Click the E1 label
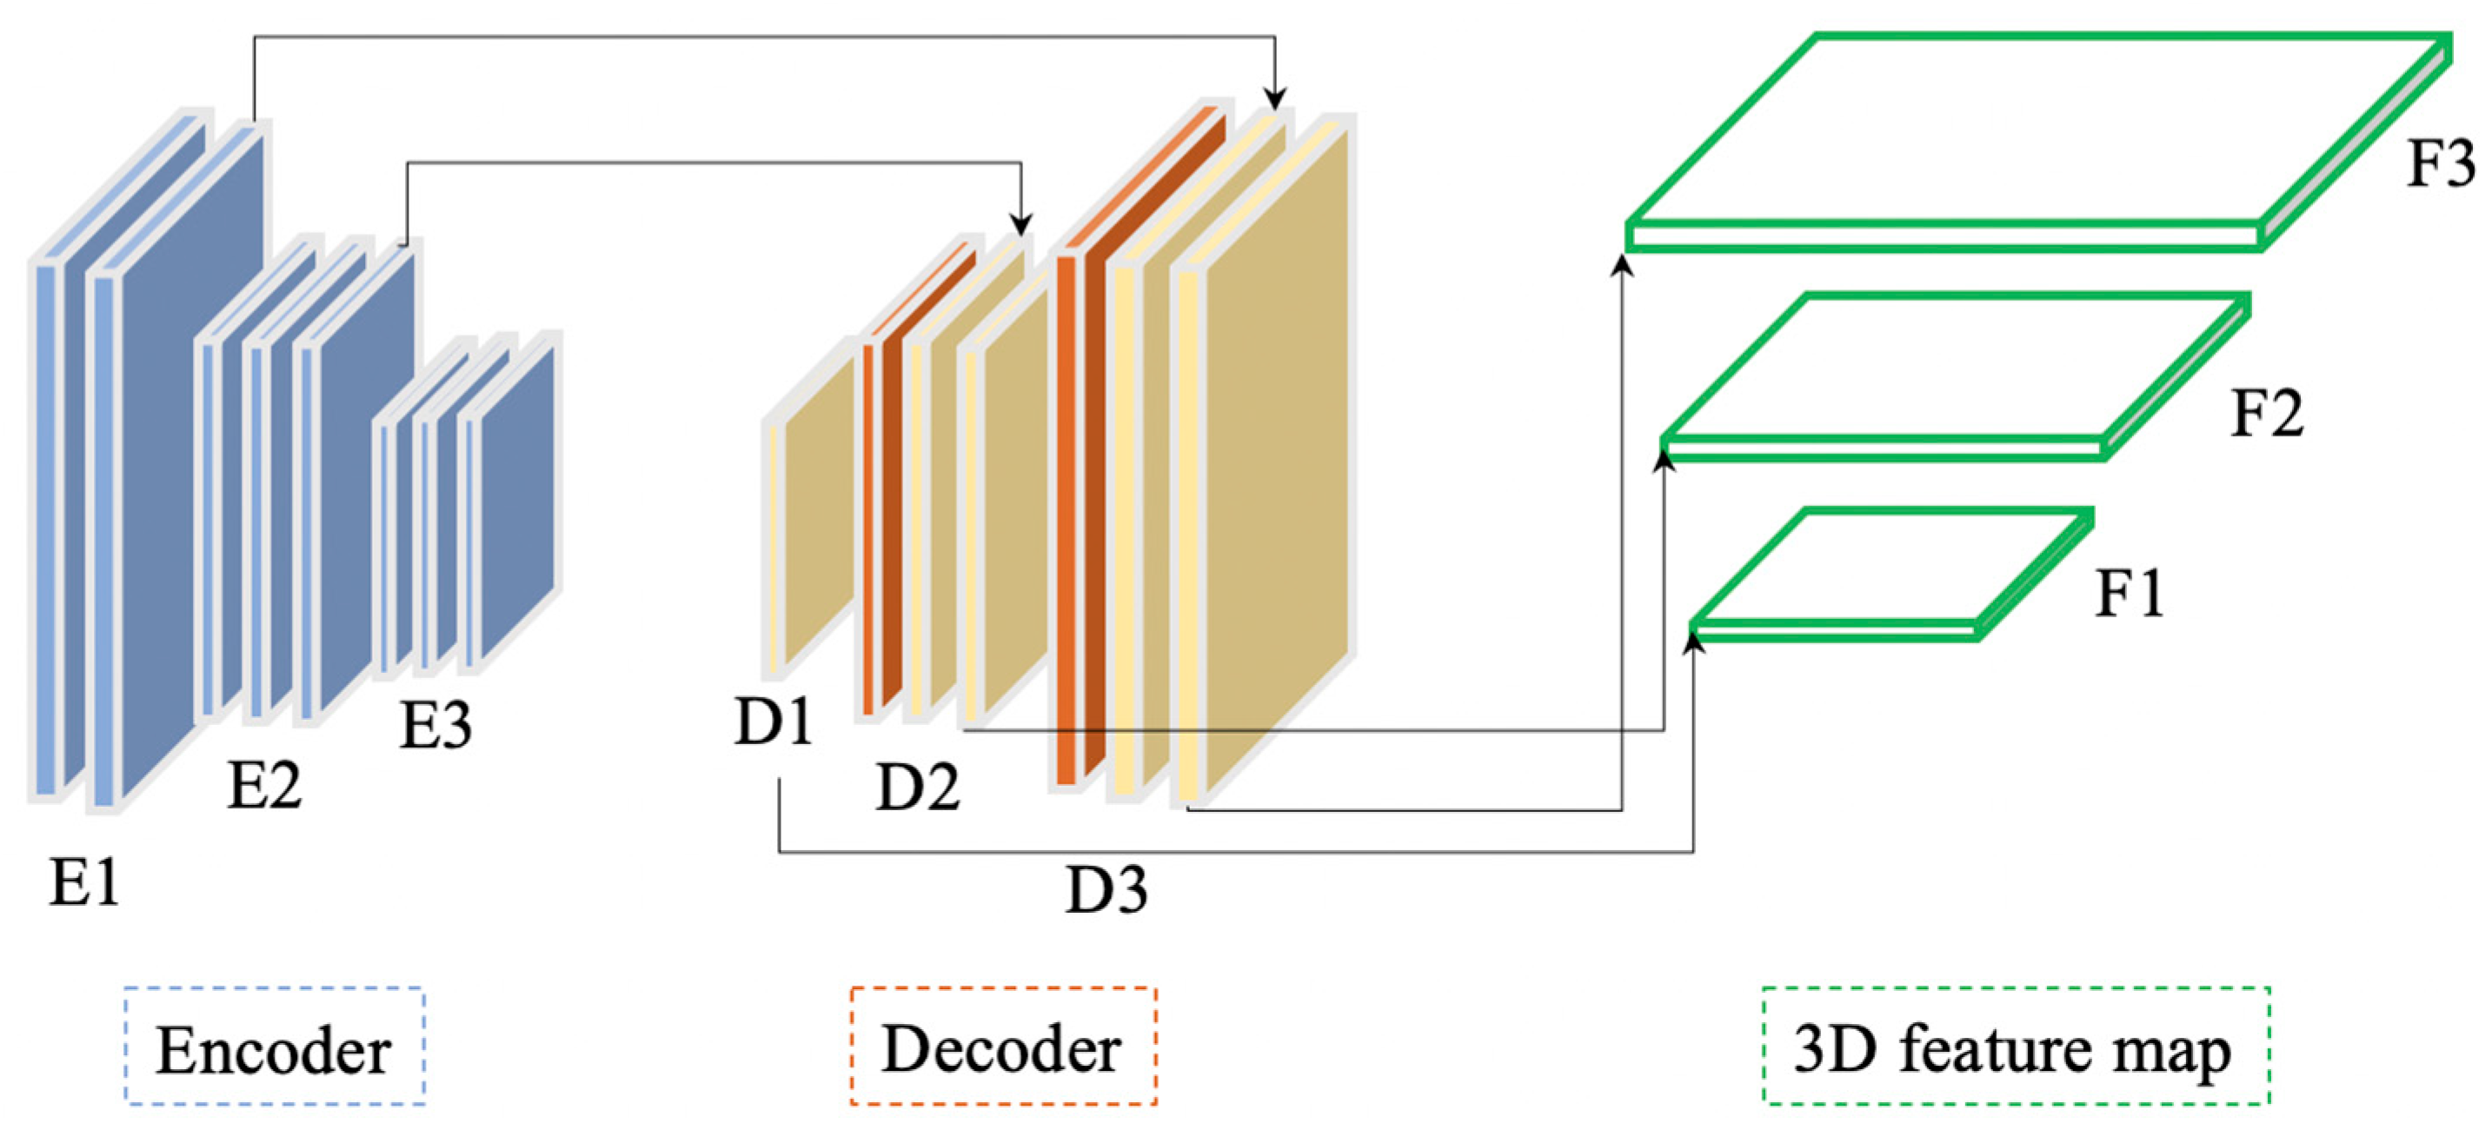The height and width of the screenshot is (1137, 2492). (85, 882)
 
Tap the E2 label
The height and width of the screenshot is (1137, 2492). (264, 784)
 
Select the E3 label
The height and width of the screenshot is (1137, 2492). (435, 726)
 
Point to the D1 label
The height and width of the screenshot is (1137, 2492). (773, 721)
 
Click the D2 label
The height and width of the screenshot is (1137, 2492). (917, 786)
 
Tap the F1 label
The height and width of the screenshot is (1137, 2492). (2130, 592)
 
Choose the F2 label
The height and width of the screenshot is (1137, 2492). (2267, 413)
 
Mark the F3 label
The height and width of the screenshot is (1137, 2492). (2441, 163)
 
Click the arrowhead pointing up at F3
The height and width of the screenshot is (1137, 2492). (1622, 263)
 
